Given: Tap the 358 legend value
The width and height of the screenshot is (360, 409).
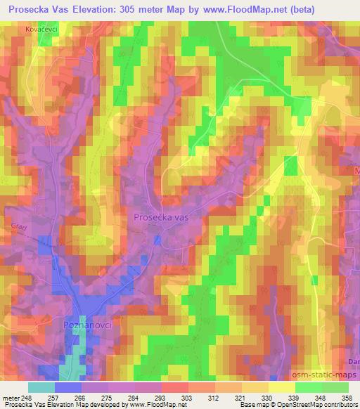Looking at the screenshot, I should pos(346,398).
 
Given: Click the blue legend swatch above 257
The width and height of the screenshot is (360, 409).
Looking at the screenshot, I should pos(68,387).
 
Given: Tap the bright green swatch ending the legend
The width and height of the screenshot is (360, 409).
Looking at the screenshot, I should pos(335,387).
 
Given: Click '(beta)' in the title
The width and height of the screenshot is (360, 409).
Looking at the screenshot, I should pos(300,8).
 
